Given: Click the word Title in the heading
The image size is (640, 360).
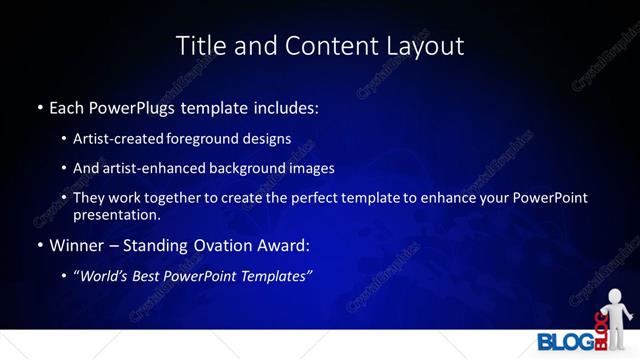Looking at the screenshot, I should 198,46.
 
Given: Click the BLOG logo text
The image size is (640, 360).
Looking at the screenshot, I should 564,341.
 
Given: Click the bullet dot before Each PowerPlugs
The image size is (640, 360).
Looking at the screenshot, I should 40,106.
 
